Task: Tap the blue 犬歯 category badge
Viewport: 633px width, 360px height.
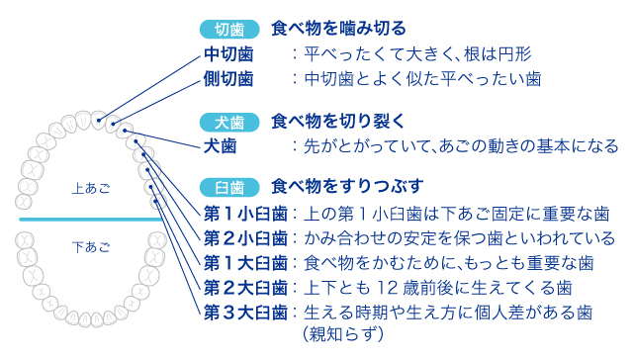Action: (229, 124)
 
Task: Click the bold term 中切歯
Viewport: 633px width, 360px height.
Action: (228, 53)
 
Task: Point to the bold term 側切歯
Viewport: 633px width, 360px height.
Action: (228, 77)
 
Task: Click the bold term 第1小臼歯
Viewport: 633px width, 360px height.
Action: (245, 214)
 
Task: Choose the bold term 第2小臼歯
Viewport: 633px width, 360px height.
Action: (245, 238)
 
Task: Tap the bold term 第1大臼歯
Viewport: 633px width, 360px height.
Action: (245, 263)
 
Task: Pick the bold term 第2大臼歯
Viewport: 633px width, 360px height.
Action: (245, 288)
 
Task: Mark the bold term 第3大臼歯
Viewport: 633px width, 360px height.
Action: (245, 313)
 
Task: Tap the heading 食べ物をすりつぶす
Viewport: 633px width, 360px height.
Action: (348, 186)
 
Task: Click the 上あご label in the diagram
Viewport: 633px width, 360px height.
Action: (90, 186)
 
